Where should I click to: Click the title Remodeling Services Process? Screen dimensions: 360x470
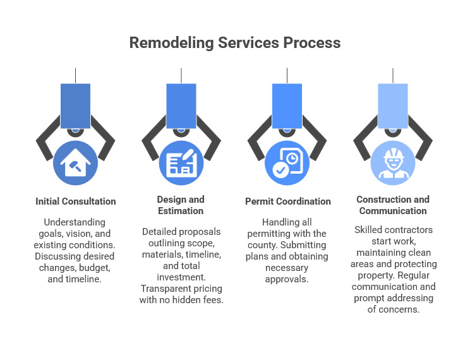click(x=235, y=43)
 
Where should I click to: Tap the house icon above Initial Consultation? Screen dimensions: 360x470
click(x=76, y=163)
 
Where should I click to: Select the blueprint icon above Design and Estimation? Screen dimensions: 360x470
click(x=181, y=163)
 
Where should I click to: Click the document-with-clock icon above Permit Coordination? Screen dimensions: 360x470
click(x=287, y=163)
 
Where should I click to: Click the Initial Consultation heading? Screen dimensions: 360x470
click(x=76, y=201)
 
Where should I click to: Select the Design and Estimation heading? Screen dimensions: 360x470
click(x=181, y=205)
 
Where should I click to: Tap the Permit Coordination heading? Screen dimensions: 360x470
click(x=287, y=201)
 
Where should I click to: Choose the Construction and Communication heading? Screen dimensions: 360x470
click(x=393, y=205)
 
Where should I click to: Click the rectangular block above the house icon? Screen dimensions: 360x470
click(x=76, y=105)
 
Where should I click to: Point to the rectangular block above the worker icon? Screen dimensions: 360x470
click(x=393, y=105)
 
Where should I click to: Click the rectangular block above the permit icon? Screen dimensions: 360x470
click(x=287, y=105)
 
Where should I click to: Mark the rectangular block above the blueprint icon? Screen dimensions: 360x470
click(x=181, y=105)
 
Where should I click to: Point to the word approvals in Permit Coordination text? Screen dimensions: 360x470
click(x=287, y=279)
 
